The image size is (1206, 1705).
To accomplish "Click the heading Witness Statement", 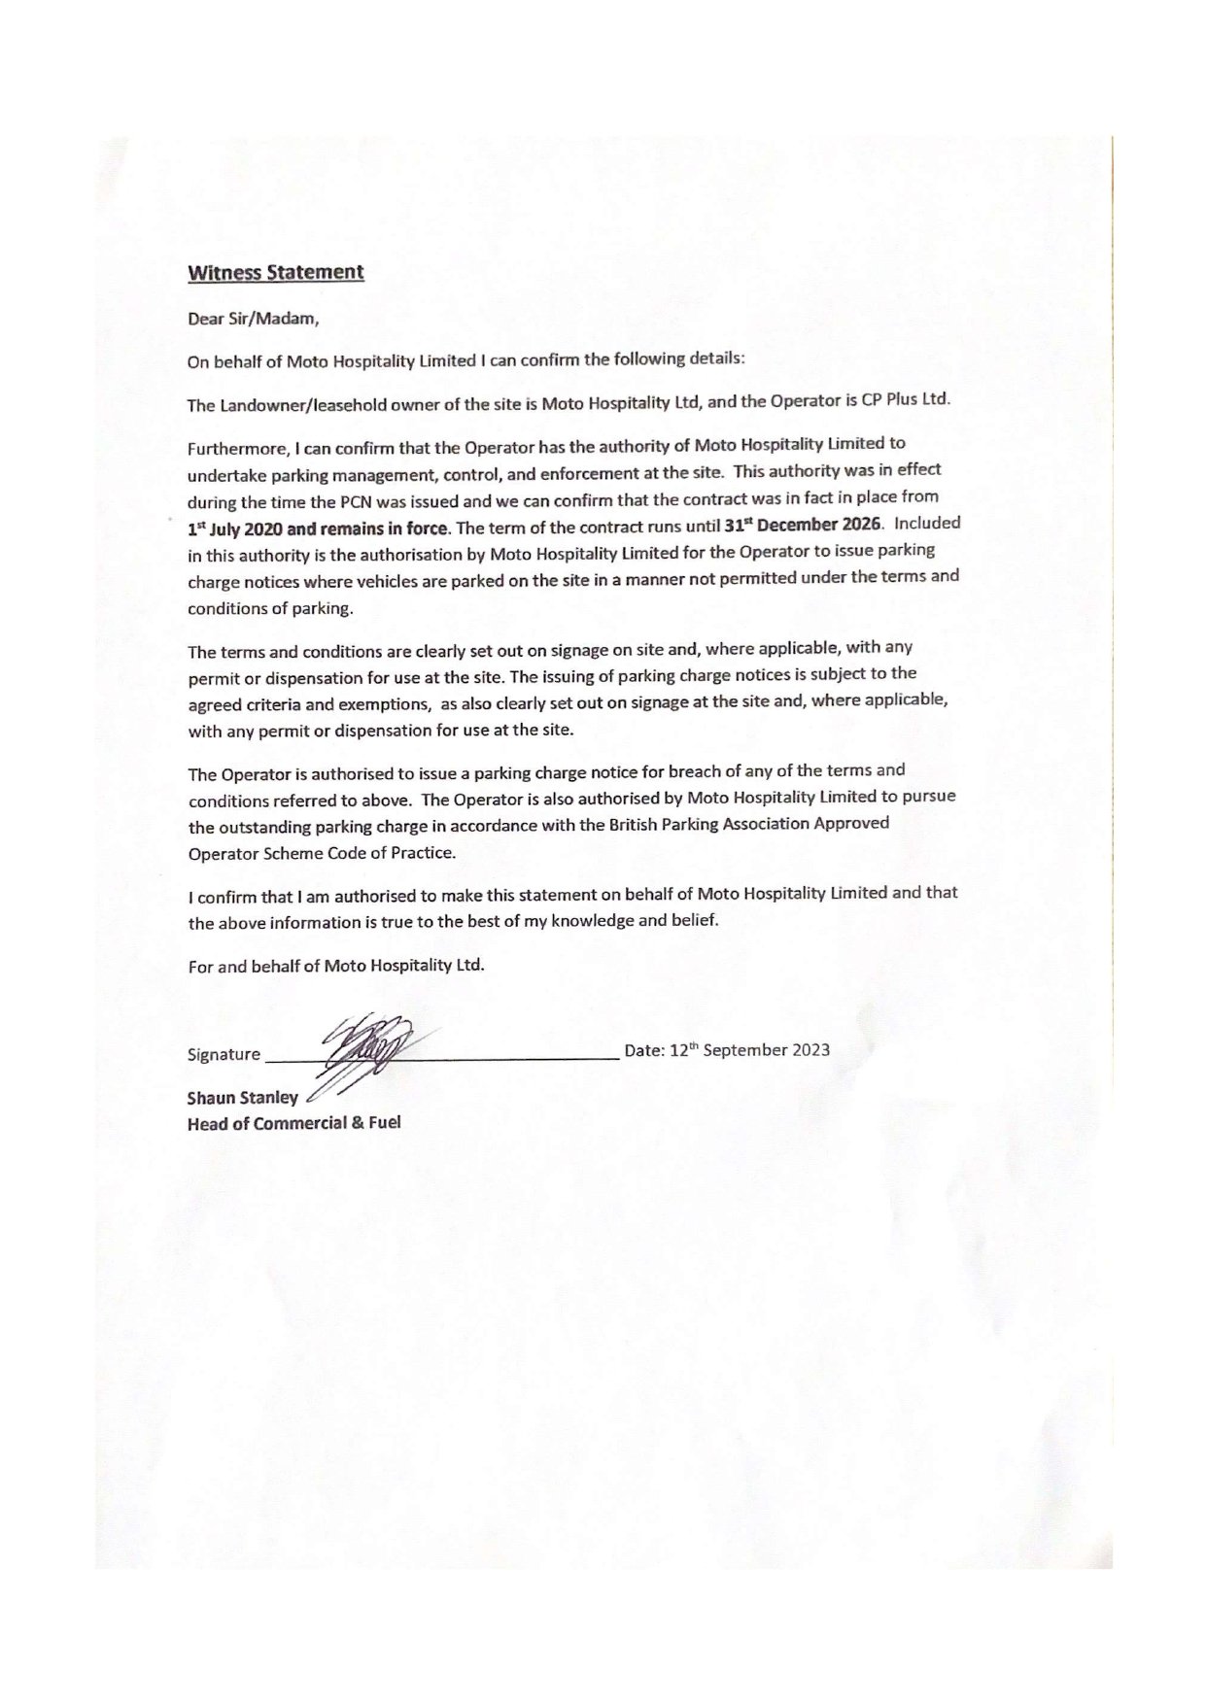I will [275, 272].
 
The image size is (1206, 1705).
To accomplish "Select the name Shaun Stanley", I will [243, 1098].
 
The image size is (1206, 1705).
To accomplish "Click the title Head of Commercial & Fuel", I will [293, 1123].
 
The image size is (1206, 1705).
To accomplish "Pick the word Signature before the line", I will [224, 1054].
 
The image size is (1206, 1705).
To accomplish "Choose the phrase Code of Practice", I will [396, 852].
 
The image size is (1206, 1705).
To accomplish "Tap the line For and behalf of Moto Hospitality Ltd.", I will [335, 967].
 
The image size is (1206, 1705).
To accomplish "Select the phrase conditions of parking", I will [270, 609].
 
